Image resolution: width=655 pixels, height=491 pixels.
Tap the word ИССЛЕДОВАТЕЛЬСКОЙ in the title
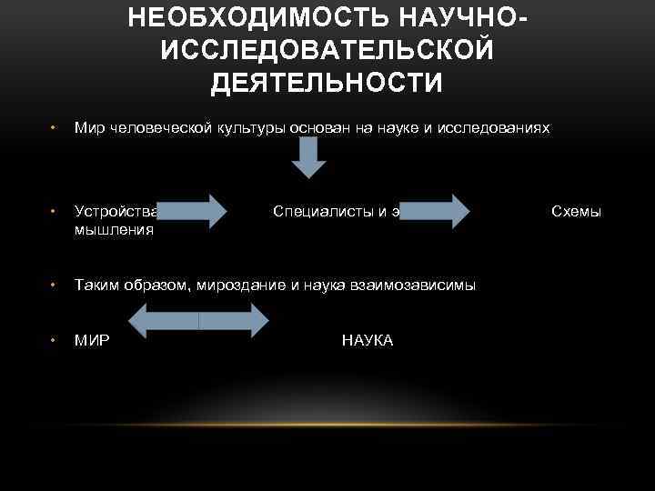[x=327, y=50]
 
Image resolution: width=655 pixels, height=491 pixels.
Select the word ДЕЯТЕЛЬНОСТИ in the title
[x=327, y=83]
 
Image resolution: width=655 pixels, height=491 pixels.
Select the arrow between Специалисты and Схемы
[x=436, y=210]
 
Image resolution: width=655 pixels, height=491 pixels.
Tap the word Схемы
[x=577, y=212]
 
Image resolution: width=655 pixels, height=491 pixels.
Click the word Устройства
[x=117, y=212]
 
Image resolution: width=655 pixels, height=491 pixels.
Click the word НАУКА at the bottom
[x=368, y=340]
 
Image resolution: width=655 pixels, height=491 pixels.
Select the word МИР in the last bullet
[x=93, y=340]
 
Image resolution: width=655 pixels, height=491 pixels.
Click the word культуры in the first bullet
[x=251, y=128]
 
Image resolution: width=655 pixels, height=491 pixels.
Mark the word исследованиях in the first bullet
[x=496, y=128]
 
